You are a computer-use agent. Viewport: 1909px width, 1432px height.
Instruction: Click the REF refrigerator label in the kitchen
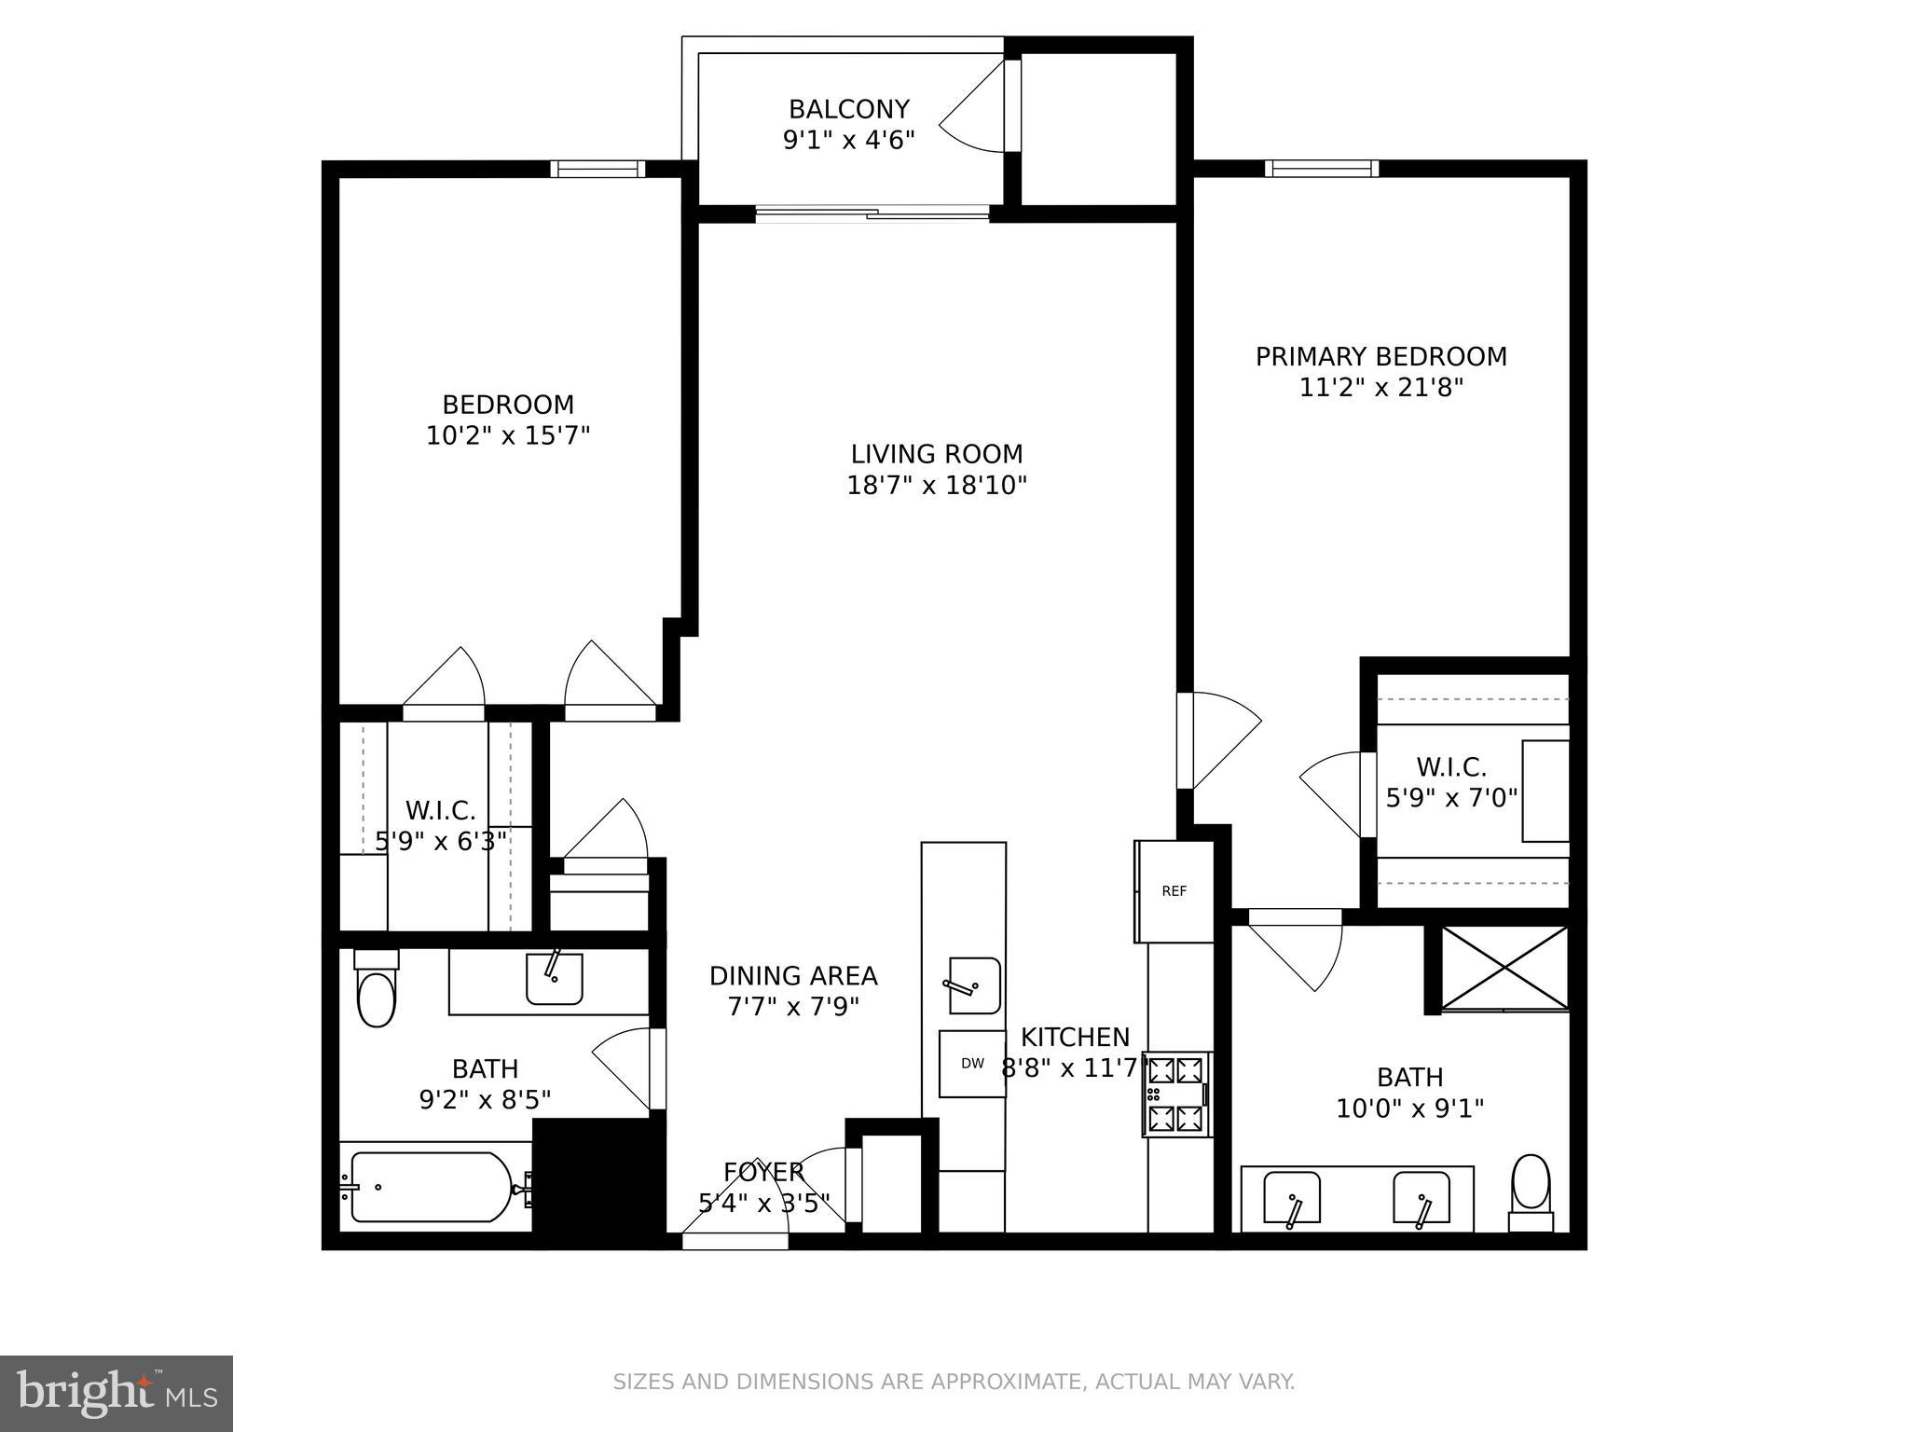tap(1174, 891)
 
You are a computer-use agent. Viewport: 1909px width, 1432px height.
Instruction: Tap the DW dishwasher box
tap(971, 1063)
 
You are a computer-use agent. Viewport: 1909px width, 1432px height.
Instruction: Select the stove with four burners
tap(1176, 1095)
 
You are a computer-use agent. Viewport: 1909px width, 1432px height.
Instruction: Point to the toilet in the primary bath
tap(1531, 1191)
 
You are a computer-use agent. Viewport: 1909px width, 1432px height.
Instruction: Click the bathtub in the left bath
tap(431, 1187)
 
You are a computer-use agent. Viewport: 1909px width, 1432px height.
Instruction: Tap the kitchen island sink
tap(974, 985)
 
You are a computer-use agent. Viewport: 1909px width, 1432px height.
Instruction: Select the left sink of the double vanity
tap(1292, 1199)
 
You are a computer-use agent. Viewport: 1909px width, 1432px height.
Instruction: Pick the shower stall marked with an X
tap(1505, 968)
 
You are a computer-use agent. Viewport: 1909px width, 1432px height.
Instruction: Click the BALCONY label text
tap(848, 110)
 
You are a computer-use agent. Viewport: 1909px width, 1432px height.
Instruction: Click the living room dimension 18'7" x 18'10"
tap(936, 486)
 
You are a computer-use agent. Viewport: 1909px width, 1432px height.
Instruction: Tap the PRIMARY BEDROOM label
tap(1380, 357)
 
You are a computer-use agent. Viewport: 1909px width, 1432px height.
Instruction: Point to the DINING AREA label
tap(793, 976)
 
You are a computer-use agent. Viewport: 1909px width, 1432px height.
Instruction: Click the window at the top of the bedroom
tap(597, 169)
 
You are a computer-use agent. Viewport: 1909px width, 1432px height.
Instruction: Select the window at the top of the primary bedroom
tap(1321, 169)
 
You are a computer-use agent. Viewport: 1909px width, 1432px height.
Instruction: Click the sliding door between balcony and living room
tap(872, 214)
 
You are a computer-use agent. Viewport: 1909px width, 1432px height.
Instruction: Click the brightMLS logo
tap(117, 1393)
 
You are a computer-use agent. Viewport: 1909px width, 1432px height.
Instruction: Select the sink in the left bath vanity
tap(554, 978)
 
